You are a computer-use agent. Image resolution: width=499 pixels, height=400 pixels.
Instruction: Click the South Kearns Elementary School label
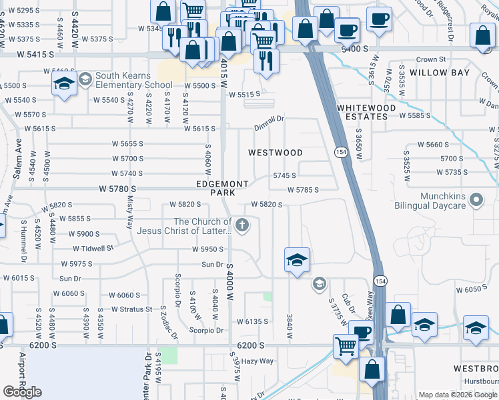click(133, 80)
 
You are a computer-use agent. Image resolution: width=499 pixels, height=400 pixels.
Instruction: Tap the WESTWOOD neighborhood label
click(276, 153)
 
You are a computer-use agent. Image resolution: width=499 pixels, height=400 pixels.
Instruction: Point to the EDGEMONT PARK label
click(222, 188)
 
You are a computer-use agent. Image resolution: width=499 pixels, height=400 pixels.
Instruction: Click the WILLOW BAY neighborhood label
click(440, 73)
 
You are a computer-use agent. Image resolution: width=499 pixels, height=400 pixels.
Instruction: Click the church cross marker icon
click(243, 226)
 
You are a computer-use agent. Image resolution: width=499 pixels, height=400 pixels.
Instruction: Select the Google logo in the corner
click(22, 392)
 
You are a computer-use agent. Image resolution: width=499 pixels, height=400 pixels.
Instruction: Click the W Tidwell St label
click(93, 249)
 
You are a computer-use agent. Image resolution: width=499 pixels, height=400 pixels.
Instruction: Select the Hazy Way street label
click(258, 361)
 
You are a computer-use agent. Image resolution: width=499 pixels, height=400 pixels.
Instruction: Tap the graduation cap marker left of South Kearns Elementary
click(64, 84)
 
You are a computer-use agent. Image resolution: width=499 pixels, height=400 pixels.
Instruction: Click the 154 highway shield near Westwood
click(340, 152)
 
